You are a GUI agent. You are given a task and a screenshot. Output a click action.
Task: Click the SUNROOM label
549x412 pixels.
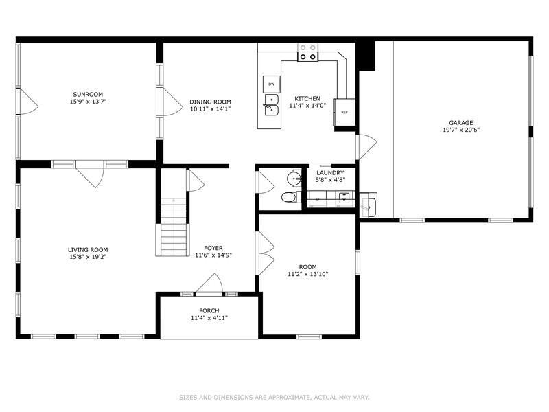88,95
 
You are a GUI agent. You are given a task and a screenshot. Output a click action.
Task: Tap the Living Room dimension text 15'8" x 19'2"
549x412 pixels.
88,257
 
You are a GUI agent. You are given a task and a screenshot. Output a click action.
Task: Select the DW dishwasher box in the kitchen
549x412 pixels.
271,84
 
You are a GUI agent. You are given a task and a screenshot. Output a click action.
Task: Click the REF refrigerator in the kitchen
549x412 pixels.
344,112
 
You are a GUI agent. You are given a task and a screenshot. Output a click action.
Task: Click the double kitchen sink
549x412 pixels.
272,105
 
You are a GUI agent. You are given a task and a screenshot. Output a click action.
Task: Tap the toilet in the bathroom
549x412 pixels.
291,197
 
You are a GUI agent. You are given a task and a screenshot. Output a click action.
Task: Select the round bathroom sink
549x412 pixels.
294,179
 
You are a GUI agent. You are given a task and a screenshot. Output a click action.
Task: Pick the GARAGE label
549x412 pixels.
460,123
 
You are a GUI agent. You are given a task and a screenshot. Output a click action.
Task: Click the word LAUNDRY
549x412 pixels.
330,173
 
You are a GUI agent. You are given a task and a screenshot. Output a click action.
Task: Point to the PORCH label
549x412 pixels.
209,311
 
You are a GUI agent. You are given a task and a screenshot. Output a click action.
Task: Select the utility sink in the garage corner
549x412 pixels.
369,205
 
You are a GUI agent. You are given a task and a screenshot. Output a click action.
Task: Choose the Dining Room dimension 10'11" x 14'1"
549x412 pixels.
210,109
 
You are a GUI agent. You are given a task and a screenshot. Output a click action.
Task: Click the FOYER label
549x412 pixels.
213,249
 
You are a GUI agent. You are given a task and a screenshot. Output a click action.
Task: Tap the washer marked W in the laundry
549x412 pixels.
344,198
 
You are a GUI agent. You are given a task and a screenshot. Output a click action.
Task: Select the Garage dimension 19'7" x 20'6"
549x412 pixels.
460,130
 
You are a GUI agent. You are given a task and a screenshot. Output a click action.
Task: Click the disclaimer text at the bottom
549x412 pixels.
274,398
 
